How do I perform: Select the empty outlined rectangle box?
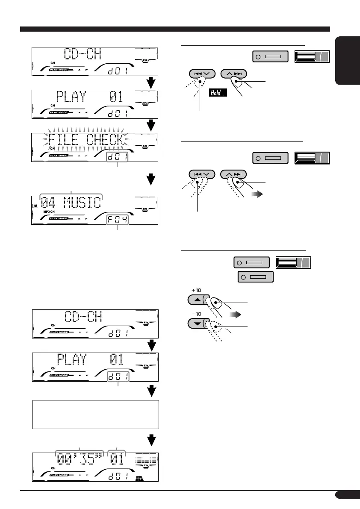pos(96,414)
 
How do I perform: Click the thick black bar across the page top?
pos(175,29)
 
